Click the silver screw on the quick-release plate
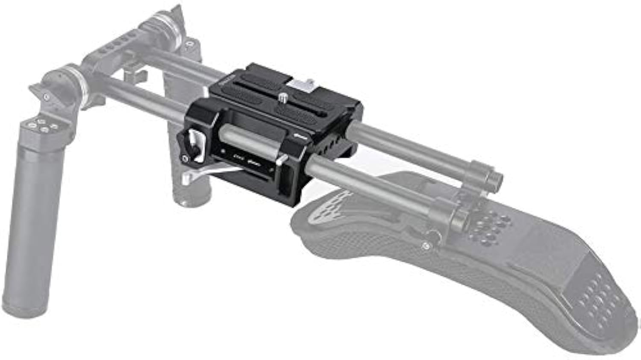(283, 98)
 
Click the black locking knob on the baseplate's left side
(189, 142)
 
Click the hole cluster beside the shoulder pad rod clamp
(491, 226)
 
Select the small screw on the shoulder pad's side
(425, 246)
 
